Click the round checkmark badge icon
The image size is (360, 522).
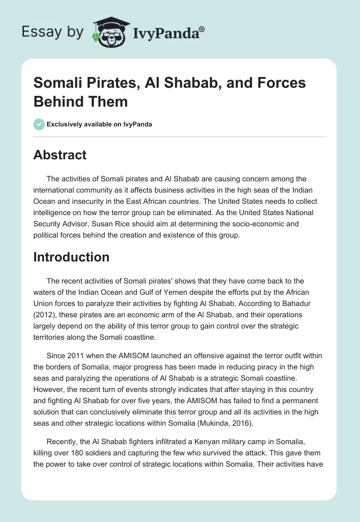tap(39, 124)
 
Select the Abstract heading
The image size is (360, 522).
tap(60, 155)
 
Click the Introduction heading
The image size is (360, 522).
tap(72, 257)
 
